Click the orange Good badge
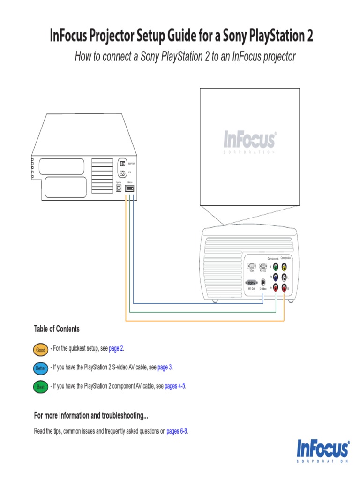tap(41, 350)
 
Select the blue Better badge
tap(41, 368)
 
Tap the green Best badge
tap(41, 387)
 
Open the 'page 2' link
tap(116, 348)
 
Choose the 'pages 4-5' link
tap(175, 386)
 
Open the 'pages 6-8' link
tap(177, 431)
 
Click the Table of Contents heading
tap(57, 329)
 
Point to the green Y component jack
tap(276, 267)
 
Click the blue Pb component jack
tap(276, 277)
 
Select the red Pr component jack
tap(276, 288)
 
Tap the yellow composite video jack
tap(284, 267)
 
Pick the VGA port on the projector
tap(252, 266)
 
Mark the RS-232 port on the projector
tap(263, 266)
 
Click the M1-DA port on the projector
tap(252, 283)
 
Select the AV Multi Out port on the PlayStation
tap(130, 188)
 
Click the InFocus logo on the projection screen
tap(249, 140)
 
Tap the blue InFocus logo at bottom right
tap(323, 450)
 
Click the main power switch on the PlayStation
tap(123, 164)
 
